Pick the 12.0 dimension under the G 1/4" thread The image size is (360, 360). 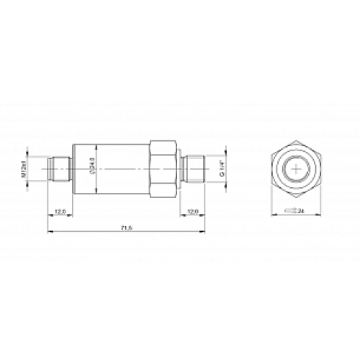(192, 212)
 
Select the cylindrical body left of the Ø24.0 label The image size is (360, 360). (80, 168)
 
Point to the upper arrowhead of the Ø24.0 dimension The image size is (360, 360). (97, 145)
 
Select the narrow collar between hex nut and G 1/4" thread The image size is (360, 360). (180, 169)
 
